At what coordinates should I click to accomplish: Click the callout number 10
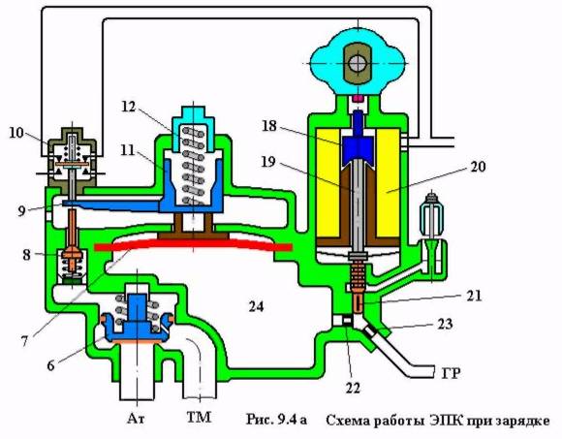16,132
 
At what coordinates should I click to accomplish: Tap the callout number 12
128,106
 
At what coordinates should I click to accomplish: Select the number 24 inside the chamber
256,306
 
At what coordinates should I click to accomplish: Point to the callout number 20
478,166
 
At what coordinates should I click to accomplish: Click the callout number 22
353,388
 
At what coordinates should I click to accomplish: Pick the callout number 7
24,341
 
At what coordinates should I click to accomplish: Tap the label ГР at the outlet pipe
451,373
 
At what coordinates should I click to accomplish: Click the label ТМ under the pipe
199,417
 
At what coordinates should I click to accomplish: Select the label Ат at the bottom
136,418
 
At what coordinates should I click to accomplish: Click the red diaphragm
194,244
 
